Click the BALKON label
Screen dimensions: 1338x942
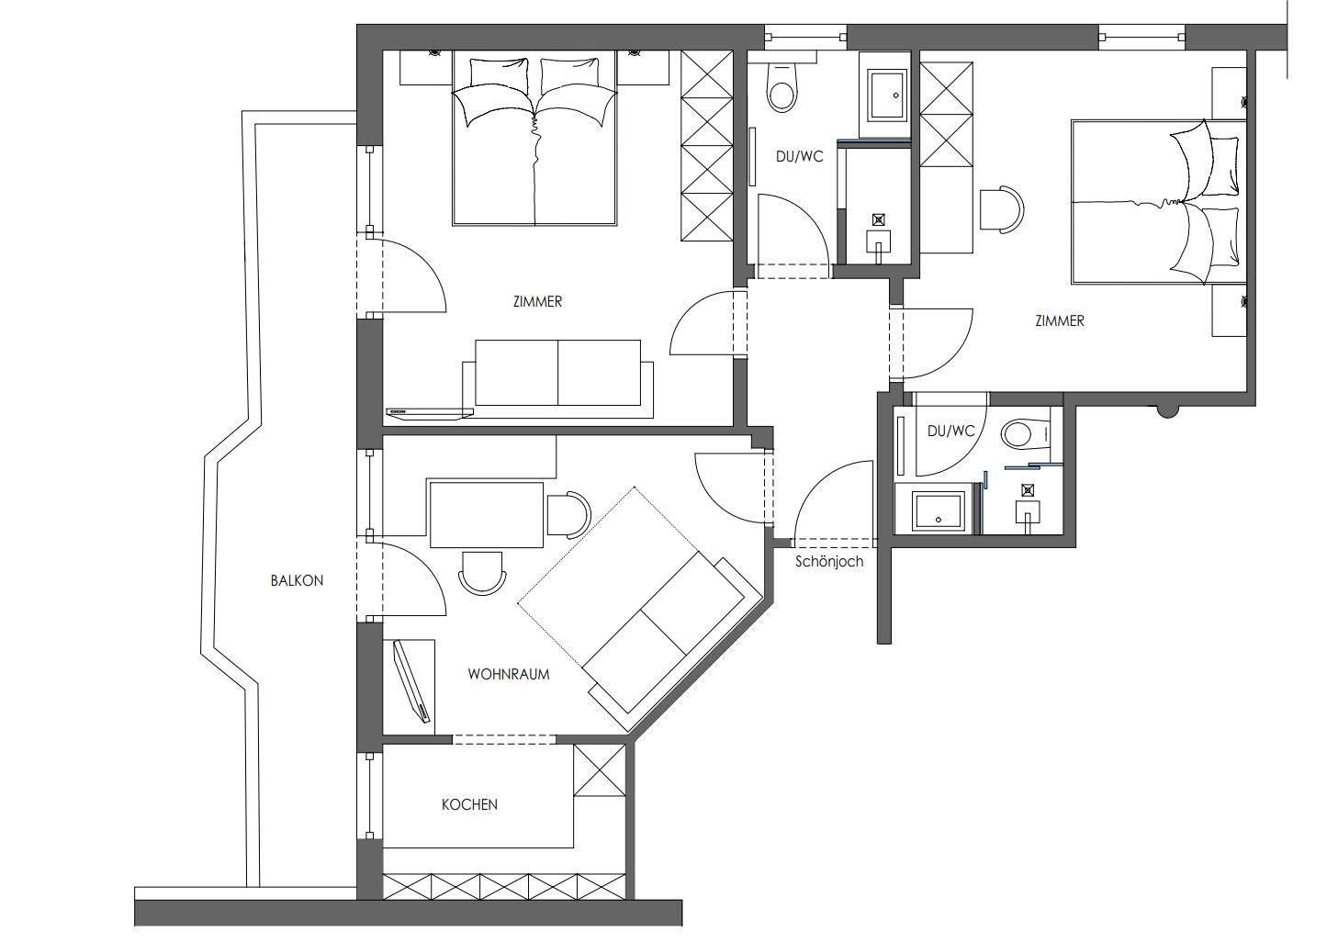297,580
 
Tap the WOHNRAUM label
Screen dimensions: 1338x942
509,675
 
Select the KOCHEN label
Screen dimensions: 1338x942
469,804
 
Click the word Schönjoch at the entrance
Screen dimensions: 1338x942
829,562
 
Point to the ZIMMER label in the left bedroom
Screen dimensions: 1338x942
537,302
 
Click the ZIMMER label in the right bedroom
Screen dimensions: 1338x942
1060,320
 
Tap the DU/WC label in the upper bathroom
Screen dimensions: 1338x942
799,156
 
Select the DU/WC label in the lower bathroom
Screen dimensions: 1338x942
951,431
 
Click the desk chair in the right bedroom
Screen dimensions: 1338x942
1002,209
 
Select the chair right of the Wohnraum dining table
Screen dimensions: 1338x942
568,514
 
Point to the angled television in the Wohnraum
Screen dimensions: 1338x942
412,682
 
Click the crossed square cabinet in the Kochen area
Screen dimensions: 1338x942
600,770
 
